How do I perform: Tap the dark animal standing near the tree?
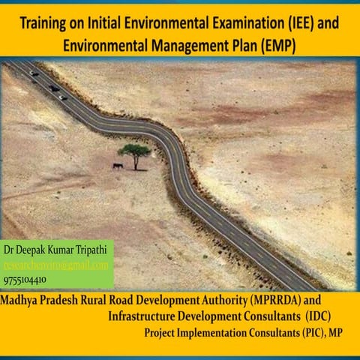pos(118,166)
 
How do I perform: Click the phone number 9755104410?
pos(25,280)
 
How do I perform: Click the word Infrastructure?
pos(147,316)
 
